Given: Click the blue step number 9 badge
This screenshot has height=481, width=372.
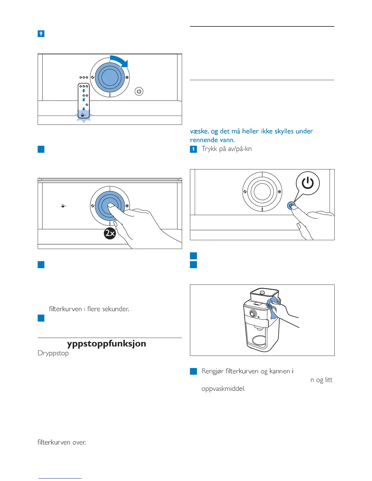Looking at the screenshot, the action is tap(41, 34).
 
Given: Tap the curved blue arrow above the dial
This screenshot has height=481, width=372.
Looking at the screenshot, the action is tap(120, 60).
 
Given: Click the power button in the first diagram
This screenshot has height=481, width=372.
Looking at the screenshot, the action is tap(139, 91).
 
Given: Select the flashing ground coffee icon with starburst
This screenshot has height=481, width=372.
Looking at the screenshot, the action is tap(84, 115).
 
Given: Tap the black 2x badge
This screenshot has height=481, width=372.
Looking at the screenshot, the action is tap(110, 233).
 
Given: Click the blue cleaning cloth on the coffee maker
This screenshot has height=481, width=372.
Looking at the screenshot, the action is tap(273, 307).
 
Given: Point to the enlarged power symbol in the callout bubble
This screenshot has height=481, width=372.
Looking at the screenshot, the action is tap(308, 183).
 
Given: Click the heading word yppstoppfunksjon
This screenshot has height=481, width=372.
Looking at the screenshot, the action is tap(106, 343).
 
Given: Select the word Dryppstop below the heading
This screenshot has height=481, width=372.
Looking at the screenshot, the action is tap(53, 353).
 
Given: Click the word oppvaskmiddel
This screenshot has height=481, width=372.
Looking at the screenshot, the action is tap(223, 389).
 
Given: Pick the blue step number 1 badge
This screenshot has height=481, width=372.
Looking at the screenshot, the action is tap(193, 149).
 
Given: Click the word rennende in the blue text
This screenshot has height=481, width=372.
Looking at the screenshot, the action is tap(202, 140).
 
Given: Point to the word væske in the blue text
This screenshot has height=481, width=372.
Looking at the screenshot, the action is tap(199, 131).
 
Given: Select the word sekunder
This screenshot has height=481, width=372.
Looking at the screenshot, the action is tap(116, 309).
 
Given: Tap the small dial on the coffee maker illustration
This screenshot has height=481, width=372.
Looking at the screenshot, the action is tap(253, 313).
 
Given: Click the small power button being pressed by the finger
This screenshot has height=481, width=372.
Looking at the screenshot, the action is tap(291, 206).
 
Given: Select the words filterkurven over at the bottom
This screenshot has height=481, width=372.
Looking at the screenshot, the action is tap(62, 442).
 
